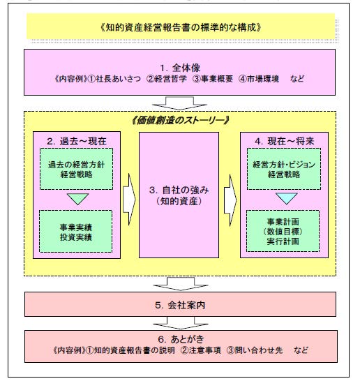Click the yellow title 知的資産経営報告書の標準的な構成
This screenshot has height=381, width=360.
(x=181, y=27)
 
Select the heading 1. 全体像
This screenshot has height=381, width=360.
(x=180, y=68)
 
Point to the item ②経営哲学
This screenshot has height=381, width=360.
(x=167, y=79)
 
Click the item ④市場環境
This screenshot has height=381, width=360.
(x=259, y=79)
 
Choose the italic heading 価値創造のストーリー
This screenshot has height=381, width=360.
(x=180, y=120)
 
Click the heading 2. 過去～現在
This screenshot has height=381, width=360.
(x=77, y=141)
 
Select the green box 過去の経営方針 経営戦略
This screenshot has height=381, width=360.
(x=76, y=169)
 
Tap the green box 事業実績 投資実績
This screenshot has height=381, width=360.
(x=76, y=232)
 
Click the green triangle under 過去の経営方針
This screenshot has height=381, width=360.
(x=77, y=198)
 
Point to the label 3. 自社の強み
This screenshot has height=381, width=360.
(x=179, y=190)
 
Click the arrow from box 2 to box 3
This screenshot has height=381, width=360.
(x=129, y=200)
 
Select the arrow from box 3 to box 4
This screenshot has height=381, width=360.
(x=230, y=200)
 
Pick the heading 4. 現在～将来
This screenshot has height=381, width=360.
(x=285, y=141)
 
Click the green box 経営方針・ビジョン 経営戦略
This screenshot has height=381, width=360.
(x=284, y=169)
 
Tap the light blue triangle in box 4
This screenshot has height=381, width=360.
(x=287, y=197)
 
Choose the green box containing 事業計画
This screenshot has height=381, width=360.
(x=283, y=231)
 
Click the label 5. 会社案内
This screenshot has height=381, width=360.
(x=180, y=305)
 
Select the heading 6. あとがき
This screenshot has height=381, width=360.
(x=181, y=339)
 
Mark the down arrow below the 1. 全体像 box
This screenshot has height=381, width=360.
(x=180, y=103)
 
